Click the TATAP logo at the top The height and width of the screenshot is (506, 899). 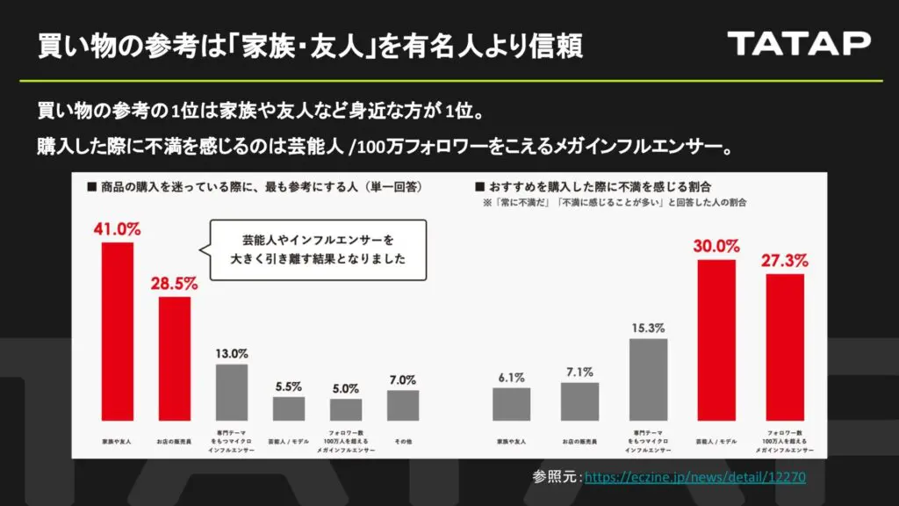(799, 42)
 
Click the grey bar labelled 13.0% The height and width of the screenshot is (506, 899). (232, 392)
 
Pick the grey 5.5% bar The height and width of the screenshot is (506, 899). (289, 408)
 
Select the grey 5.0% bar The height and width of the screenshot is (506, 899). (346, 409)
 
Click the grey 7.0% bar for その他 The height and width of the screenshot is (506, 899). (403, 405)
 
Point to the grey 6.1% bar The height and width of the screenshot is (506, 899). (512, 404)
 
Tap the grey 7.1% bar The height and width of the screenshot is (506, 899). (580, 401)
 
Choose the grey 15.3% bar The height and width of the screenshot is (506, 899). (649, 379)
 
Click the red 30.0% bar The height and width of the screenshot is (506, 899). (716, 340)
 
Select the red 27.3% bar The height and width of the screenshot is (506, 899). (785, 347)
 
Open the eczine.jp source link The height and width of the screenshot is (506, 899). (694, 477)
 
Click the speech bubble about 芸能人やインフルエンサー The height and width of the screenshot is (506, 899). (318, 249)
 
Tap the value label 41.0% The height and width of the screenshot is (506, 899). (118, 229)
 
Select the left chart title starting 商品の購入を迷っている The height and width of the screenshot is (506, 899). (254, 186)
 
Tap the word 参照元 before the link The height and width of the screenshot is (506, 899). (555, 477)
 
